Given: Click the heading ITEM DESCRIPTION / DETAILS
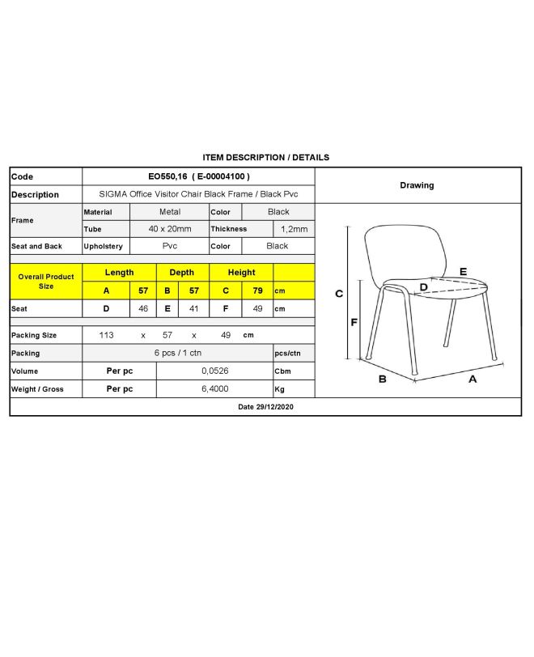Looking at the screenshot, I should [x=265, y=158].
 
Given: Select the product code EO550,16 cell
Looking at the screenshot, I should [x=198, y=176].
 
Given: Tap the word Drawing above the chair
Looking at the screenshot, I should [x=417, y=185].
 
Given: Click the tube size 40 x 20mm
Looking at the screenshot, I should [x=169, y=229].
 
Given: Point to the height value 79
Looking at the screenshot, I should [x=257, y=290].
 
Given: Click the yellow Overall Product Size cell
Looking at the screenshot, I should [x=46, y=282].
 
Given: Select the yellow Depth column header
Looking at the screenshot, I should [x=181, y=273].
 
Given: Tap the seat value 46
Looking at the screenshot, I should [x=143, y=308].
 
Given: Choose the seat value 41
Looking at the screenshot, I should [x=193, y=308].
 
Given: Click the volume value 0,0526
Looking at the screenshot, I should [x=214, y=371].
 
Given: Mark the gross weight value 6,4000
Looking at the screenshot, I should [x=214, y=389].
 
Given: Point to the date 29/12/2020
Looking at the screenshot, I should [x=266, y=408].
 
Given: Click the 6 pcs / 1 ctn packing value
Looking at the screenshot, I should [x=177, y=354].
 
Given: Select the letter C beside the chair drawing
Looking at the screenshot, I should [x=339, y=294].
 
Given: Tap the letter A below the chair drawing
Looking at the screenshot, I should [x=473, y=378].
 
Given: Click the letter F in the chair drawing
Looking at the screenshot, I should [x=354, y=322].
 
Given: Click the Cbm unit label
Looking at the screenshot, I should [x=282, y=371].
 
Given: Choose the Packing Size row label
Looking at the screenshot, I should [x=34, y=335].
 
